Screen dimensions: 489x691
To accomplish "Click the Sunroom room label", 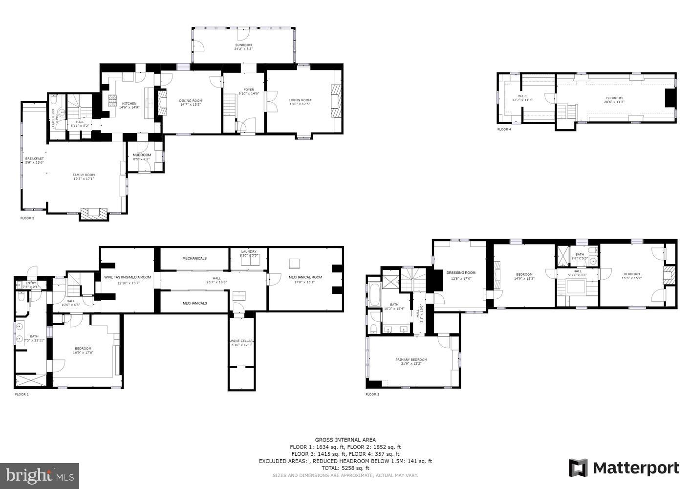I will click(243, 47).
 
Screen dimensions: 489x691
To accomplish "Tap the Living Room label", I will click(300, 102).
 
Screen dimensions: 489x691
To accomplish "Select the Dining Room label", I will click(191, 102).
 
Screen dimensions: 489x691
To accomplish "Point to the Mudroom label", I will click(142, 157).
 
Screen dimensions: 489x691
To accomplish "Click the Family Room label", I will click(84, 177).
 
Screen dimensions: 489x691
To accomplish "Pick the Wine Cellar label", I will click(241, 342).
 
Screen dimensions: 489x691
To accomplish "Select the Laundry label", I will click(248, 253).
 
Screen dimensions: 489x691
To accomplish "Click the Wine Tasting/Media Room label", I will click(128, 279).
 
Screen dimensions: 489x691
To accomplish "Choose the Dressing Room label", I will click(460, 274).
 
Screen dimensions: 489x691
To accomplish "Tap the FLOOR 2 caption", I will click(27, 218).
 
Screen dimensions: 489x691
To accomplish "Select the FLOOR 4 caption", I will click(504, 129).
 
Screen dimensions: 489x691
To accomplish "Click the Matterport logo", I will click(624, 468).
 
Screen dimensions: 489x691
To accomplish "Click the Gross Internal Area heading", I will click(345, 440).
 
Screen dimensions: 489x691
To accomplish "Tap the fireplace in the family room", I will click(94, 214).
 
